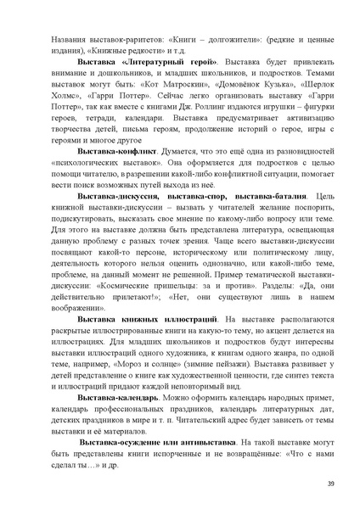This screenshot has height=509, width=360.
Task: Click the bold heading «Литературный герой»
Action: [x=170, y=64]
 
